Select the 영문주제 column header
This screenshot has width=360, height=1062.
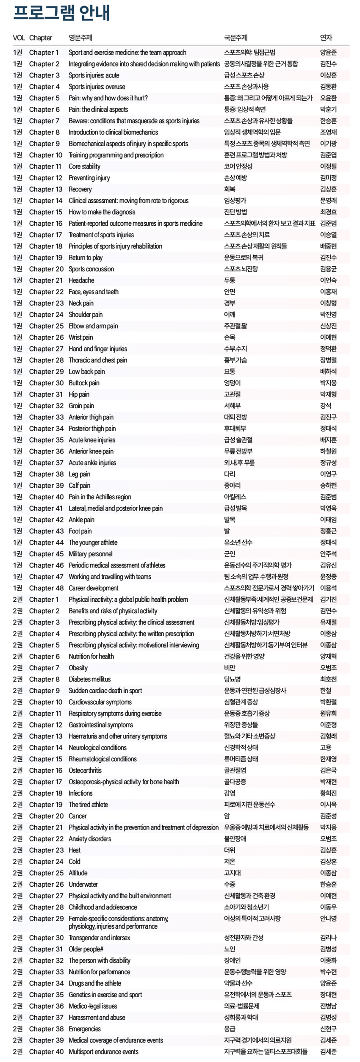click(x=80, y=38)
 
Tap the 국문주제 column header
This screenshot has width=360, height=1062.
click(x=235, y=38)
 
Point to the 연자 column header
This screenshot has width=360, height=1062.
click(x=326, y=38)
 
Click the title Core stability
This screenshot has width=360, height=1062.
click(x=84, y=166)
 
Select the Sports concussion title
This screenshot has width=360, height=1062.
click(x=91, y=269)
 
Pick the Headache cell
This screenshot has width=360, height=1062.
click(x=81, y=280)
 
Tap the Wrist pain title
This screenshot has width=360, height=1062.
click(x=81, y=337)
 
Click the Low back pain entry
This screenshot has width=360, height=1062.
click(x=87, y=371)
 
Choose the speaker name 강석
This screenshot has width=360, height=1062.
click(x=326, y=406)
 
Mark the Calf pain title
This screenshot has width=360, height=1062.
click(x=80, y=485)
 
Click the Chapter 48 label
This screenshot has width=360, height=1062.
click(x=46, y=588)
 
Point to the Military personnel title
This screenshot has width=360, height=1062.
click(x=91, y=554)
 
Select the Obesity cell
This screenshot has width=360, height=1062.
click(x=78, y=668)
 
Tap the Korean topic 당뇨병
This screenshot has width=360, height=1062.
click(x=233, y=679)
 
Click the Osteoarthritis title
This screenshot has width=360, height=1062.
click(x=85, y=770)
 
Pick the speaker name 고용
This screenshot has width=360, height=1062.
click(x=326, y=747)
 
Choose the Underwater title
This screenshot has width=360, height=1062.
click(x=83, y=884)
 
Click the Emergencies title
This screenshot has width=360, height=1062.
click(x=85, y=1029)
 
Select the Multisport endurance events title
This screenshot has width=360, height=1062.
click(x=103, y=1051)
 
